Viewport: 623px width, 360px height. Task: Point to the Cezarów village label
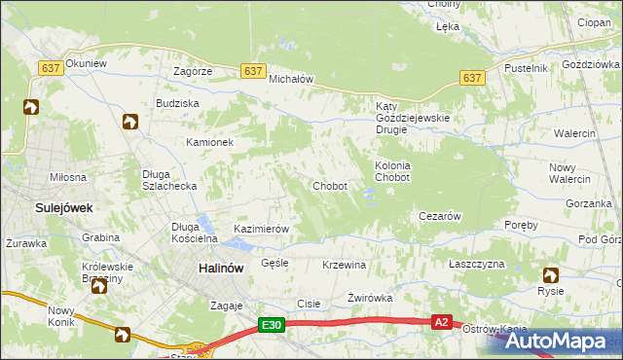click(438, 216)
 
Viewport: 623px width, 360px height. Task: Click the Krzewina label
click(344, 265)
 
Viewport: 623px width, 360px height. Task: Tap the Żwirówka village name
click(369, 298)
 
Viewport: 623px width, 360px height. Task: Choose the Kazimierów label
click(262, 229)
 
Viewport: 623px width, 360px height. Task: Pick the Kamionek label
click(210, 142)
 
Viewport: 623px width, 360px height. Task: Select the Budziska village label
click(177, 103)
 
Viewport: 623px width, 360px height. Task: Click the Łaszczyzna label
click(476, 265)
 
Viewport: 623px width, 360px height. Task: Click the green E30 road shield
click(272, 326)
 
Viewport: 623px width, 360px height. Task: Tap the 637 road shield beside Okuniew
click(51, 68)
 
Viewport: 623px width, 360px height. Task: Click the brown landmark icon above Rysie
click(551, 275)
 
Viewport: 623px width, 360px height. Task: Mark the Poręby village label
click(522, 225)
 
